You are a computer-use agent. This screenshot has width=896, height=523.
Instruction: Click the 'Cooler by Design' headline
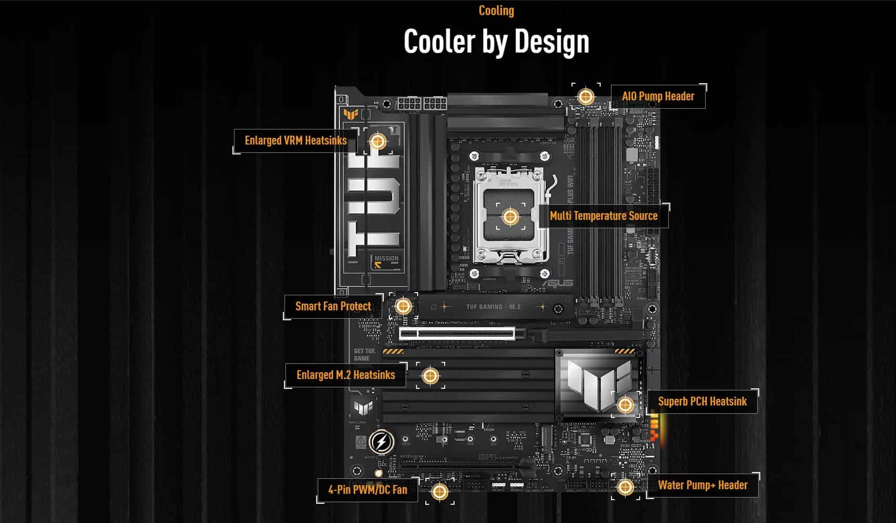pos(496,42)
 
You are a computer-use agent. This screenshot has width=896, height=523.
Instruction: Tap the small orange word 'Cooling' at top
pos(496,11)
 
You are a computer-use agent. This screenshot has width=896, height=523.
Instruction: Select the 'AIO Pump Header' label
pos(658,96)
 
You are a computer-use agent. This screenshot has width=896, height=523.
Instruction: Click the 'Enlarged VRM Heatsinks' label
pos(295,140)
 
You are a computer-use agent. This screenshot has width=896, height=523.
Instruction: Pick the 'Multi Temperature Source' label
pos(603,216)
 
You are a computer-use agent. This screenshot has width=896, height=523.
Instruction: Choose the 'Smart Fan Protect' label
pos(333,306)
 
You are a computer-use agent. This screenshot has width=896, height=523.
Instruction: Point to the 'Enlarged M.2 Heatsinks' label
pos(345,375)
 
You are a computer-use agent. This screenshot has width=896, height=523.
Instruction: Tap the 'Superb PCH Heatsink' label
pos(702,401)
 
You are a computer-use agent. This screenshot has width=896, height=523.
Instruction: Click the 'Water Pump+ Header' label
pos(703,485)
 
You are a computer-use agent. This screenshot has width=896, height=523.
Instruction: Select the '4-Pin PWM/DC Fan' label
pos(367,489)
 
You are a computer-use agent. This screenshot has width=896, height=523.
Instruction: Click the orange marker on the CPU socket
pos(510,216)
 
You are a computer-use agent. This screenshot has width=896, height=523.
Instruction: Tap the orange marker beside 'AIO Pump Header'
pos(586,96)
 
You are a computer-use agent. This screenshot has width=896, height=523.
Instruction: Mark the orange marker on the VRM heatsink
pos(378,141)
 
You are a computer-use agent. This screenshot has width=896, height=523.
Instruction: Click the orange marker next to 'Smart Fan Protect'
pos(403,306)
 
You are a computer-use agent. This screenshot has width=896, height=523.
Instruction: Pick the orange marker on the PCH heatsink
pos(625,404)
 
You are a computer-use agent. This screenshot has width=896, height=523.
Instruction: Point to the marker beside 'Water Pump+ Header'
pos(625,487)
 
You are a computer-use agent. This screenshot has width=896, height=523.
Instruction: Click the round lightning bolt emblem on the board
pos(382,442)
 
